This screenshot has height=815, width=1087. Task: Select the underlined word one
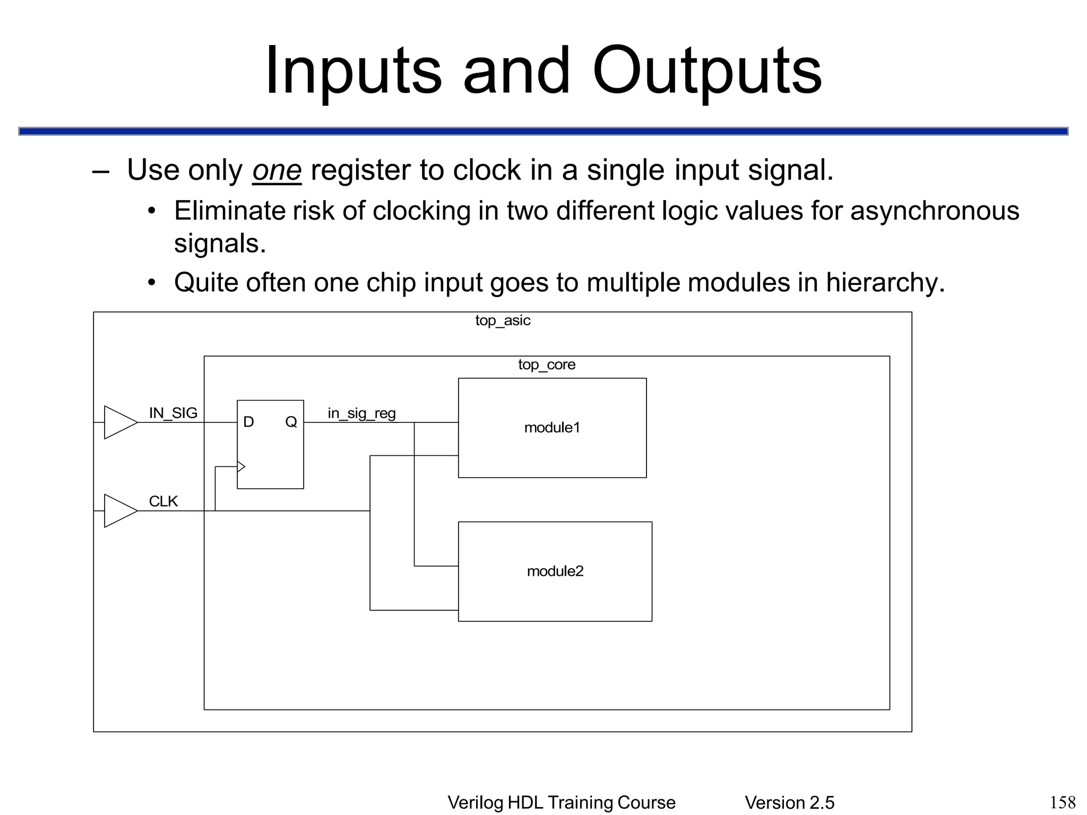[x=277, y=171]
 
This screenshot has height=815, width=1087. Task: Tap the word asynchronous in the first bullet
[x=935, y=211]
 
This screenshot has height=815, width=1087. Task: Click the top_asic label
[x=503, y=320]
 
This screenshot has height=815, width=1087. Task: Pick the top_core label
[x=547, y=365]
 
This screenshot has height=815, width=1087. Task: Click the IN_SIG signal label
[x=173, y=413]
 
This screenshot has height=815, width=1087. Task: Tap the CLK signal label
[x=163, y=501]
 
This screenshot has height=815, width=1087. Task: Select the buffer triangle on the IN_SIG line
[x=119, y=422]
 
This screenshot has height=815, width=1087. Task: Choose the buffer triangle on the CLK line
[x=119, y=511]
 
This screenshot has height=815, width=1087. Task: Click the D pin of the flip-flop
[x=248, y=422]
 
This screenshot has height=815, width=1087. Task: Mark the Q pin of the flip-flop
[x=291, y=422]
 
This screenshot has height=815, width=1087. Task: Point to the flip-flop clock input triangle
[x=241, y=467]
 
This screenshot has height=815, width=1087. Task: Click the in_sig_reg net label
[x=361, y=413]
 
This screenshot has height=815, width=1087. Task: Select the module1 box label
[x=552, y=428]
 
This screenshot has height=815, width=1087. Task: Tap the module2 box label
[x=555, y=571]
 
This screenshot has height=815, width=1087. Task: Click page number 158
[x=1063, y=802]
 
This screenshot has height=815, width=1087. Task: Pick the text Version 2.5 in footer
[x=789, y=803]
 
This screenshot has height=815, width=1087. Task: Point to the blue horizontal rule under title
[x=543, y=131]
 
